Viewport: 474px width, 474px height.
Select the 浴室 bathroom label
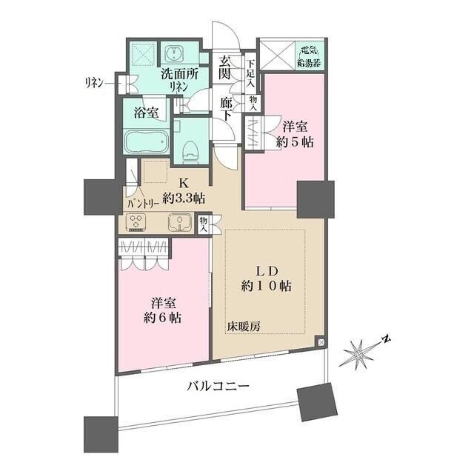146,113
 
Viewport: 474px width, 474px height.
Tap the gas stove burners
137,222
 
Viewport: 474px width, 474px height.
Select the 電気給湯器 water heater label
307,56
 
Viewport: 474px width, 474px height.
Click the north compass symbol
361,353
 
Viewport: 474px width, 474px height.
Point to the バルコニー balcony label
217,387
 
